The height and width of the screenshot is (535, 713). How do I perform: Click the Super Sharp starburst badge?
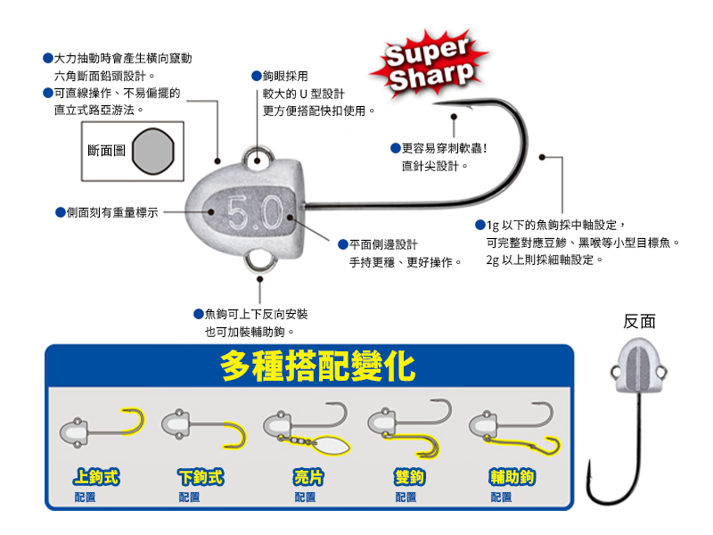427,65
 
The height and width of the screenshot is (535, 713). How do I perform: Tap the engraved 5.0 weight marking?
255,212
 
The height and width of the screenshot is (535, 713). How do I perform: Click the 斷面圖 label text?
107,152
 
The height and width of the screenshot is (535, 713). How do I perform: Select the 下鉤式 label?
201,477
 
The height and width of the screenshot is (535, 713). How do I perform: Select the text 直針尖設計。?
435,166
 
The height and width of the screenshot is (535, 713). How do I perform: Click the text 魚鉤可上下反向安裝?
257,314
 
